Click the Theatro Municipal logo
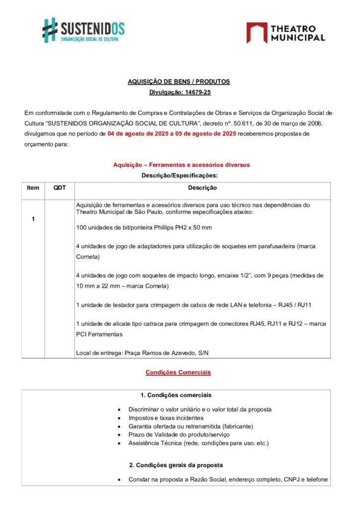285,32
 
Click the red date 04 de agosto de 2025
137,134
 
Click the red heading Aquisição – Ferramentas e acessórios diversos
181,165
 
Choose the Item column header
33,188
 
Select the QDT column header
59,188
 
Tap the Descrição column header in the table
202,188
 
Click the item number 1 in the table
33,219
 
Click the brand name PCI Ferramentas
99,334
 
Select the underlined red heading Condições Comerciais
178,372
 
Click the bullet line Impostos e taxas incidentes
166,418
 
